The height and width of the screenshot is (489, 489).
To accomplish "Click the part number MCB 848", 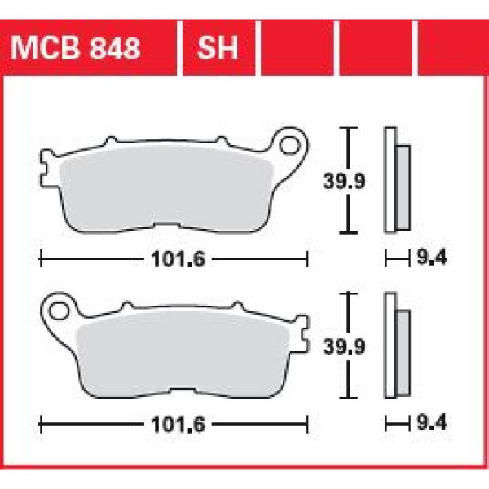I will (x=77, y=48).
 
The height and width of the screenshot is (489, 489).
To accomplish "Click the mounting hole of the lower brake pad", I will (x=58, y=311).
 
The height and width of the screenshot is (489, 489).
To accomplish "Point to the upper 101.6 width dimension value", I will (x=174, y=261).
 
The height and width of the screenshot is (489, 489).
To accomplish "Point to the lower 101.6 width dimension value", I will (x=174, y=425).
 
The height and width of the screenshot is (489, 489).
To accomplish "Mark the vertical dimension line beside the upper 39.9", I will (x=350, y=181).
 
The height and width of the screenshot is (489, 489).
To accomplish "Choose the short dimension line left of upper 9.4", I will (x=397, y=261).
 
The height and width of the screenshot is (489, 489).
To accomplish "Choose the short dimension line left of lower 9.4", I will (x=397, y=425).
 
